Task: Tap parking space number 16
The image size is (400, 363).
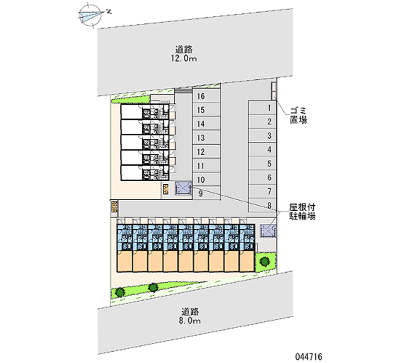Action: (x=205, y=96)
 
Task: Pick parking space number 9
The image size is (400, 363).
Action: (x=205, y=194)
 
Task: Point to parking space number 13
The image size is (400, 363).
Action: (x=205, y=137)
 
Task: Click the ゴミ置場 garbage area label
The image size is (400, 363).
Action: (x=297, y=115)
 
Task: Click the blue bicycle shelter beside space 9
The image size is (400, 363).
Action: (x=183, y=188)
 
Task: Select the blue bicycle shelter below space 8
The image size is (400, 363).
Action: (x=268, y=231)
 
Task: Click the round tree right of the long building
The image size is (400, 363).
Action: (x=263, y=260)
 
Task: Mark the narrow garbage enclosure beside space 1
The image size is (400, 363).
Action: (x=273, y=91)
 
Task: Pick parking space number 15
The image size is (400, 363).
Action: (x=205, y=110)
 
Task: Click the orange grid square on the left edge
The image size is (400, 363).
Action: (x=114, y=206)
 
